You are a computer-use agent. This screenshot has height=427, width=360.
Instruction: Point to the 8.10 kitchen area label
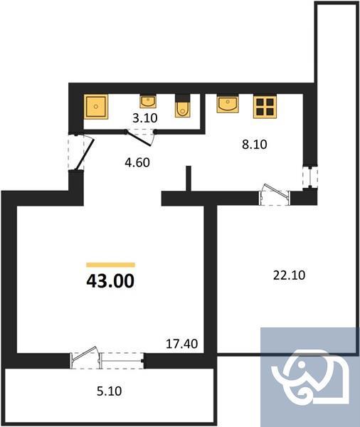coord(253,143)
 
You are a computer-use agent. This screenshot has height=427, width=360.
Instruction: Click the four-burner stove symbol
coord(266,107)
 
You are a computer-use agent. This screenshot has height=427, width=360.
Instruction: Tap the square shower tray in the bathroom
coord(97,107)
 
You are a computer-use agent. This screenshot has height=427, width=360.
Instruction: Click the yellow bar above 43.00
coord(110,264)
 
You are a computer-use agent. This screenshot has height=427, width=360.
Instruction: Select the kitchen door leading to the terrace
coord(274,194)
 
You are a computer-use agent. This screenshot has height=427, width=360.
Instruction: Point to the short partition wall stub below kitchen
coord(189,179)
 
